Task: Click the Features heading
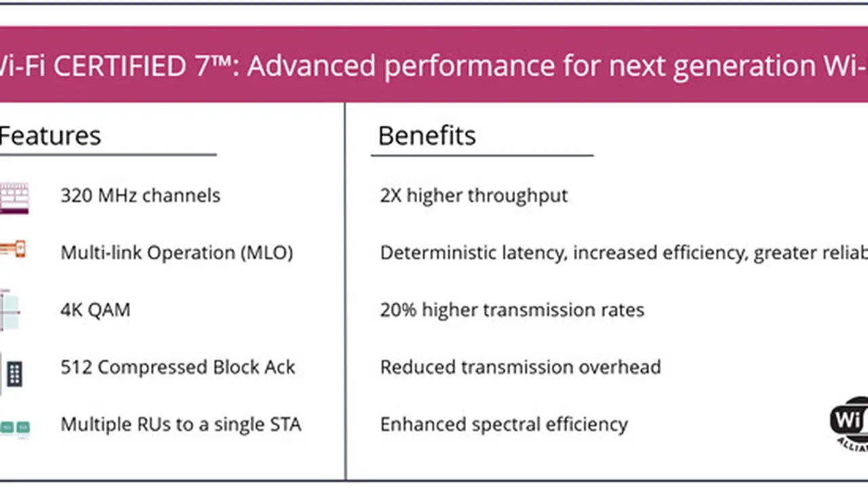(x=50, y=136)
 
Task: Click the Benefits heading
(x=427, y=136)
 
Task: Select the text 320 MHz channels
(x=140, y=196)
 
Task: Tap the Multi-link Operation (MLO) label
(x=176, y=253)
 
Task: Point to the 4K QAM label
(x=95, y=310)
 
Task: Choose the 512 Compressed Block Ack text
(x=178, y=367)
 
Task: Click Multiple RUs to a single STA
(x=180, y=425)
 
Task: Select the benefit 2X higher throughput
(x=473, y=196)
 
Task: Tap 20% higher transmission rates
(x=512, y=310)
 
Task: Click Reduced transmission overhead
(x=520, y=367)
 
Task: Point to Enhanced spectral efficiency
(x=504, y=425)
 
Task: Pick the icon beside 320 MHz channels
(x=14, y=198)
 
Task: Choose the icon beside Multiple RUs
(x=14, y=428)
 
